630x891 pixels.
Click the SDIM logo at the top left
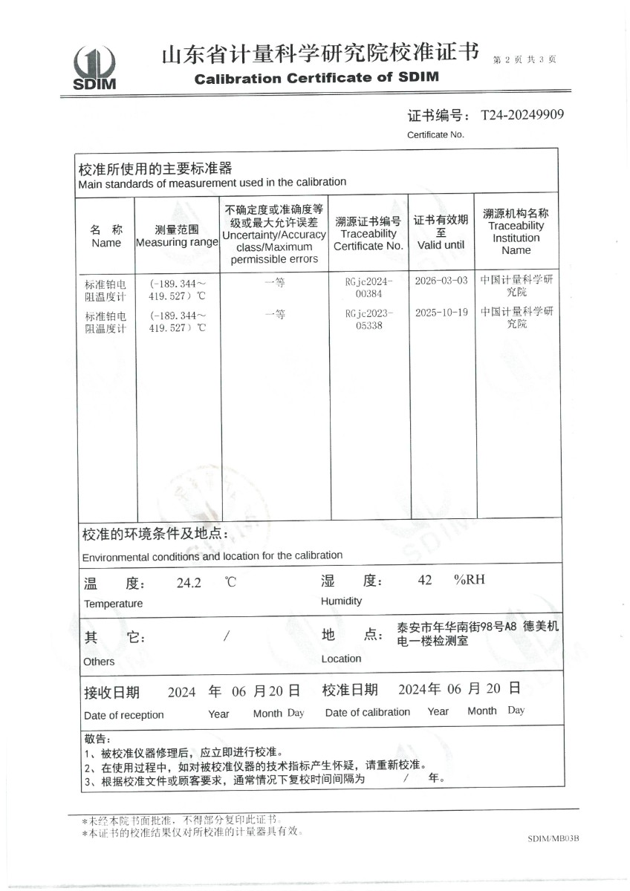click(94, 68)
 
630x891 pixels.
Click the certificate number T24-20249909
click(522, 114)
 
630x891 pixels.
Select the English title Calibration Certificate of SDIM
click(316, 78)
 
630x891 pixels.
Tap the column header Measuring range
click(177, 243)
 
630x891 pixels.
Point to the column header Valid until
click(441, 245)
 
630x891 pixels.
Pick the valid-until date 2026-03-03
click(441, 281)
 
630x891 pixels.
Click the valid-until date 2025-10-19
click(441, 312)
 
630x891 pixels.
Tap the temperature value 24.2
click(189, 583)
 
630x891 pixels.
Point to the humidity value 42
click(425, 580)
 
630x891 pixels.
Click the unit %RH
click(470, 579)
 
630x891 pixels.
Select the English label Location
click(341, 659)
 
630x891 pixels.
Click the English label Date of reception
click(124, 715)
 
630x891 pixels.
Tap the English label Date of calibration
click(368, 712)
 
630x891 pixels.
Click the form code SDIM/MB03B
click(553, 838)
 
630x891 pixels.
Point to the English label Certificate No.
click(435, 134)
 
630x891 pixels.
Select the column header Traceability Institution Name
click(516, 238)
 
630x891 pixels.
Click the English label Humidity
click(341, 601)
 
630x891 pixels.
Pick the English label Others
click(100, 662)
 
